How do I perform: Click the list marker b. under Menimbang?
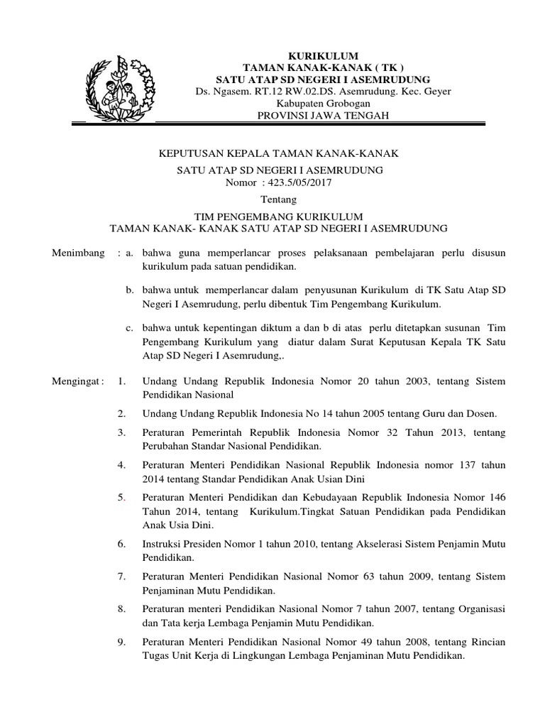[x=129, y=290]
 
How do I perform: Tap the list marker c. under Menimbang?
[x=129, y=327]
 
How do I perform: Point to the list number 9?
[x=122, y=643]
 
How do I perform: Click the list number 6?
[x=122, y=545]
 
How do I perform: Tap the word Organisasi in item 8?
[x=477, y=610]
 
